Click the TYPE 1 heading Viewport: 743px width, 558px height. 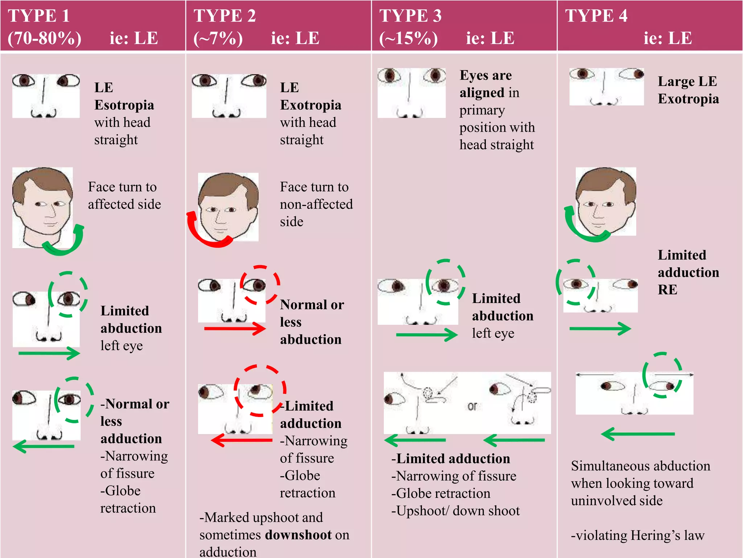pyautogui.click(x=39, y=16)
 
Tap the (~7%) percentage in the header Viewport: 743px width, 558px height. pyautogui.click(x=218, y=38)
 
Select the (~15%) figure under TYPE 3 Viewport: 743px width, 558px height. pyautogui.click(x=409, y=38)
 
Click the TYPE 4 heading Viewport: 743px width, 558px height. pyautogui.click(x=596, y=16)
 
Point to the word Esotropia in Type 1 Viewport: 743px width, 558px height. pyautogui.click(x=124, y=105)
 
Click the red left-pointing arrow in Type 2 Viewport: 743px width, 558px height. pyautogui.click(x=241, y=440)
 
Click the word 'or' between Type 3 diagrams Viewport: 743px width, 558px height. pyautogui.click(x=472, y=406)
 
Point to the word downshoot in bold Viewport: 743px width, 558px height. pyautogui.click(x=298, y=535)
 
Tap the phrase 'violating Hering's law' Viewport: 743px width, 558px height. pyautogui.click(x=637, y=535)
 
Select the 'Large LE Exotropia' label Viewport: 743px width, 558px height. pyautogui.click(x=688, y=90)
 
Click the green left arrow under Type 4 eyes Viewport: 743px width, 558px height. pyautogui.click(x=637, y=434)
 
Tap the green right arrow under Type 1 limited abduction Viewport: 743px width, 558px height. pyautogui.click(x=49, y=353)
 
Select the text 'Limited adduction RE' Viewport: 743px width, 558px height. pyautogui.click(x=688, y=272)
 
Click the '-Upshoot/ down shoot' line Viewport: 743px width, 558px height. pyautogui.click(x=455, y=511)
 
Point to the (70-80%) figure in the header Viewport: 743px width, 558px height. pyautogui.click(x=45, y=38)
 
